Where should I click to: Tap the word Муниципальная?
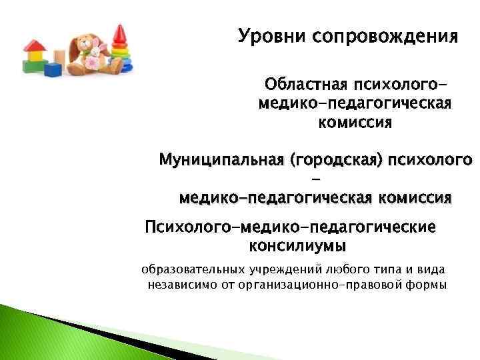coord(212,161)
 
